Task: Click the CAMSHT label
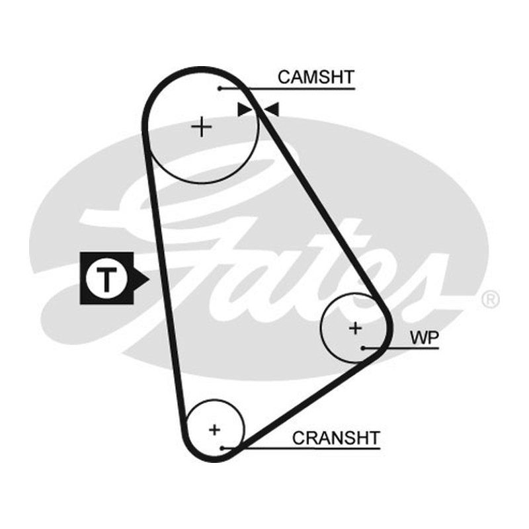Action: tap(316, 77)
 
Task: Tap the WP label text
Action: tap(425, 337)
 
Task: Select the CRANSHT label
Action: tap(336, 438)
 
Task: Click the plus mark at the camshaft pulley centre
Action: tap(202, 127)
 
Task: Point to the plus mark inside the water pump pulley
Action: tap(355, 328)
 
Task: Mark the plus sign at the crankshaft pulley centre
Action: tap(214, 430)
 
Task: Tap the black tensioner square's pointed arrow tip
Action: tap(149, 279)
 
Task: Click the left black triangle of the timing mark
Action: tap(245, 110)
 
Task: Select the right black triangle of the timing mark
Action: tap(272, 110)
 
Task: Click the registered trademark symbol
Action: tap(490, 299)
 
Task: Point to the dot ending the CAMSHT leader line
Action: tap(220, 89)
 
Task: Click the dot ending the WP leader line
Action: tap(363, 348)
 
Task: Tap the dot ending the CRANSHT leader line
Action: tap(222, 448)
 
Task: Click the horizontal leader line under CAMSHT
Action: tap(288, 89)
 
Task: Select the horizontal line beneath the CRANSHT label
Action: tap(302, 448)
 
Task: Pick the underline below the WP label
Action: tap(401, 348)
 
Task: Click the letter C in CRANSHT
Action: tap(299, 438)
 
